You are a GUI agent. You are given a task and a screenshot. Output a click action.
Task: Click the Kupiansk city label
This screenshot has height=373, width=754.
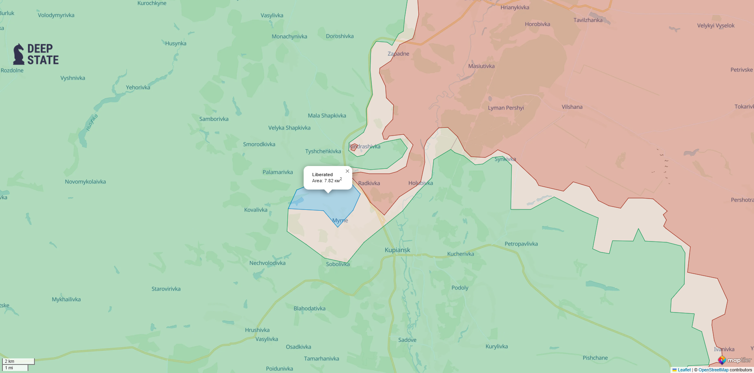(397, 250)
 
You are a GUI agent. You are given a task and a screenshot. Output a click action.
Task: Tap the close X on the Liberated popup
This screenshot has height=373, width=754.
(347, 171)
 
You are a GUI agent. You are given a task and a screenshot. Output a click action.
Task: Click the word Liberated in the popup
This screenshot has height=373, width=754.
(322, 175)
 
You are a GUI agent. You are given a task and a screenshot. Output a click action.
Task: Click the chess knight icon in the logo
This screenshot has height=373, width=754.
(19, 54)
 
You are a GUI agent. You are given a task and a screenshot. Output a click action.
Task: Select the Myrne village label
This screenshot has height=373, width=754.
(340, 220)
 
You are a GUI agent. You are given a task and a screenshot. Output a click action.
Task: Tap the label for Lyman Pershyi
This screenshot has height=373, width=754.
(506, 108)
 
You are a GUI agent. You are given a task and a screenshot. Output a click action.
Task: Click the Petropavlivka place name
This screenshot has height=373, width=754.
(521, 244)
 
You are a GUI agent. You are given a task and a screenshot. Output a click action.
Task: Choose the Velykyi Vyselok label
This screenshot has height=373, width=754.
(715, 26)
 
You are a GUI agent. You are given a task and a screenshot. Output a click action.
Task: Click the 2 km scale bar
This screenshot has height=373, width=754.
(18, 361)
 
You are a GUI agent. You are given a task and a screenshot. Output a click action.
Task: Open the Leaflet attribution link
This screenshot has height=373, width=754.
(684, 370)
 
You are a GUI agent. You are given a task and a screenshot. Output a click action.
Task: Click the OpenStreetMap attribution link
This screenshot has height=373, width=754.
(713, 370)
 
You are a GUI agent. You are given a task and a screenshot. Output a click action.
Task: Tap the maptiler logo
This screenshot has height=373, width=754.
(735, 360)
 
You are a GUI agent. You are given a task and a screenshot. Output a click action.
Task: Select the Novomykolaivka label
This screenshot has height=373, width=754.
(85, 182)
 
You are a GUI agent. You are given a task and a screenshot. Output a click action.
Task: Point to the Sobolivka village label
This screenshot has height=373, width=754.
(338, 264)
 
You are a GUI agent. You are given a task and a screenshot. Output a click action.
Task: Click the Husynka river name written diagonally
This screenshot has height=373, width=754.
(92, 122)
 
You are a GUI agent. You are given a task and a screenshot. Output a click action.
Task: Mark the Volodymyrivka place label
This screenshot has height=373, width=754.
(56, 15)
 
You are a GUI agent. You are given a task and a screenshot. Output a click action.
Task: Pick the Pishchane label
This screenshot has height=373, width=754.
(595, 358)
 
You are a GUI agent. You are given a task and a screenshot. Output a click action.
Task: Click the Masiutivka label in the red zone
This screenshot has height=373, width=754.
(481, 66)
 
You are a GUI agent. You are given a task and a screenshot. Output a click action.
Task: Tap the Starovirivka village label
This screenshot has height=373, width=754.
(166, 289)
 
